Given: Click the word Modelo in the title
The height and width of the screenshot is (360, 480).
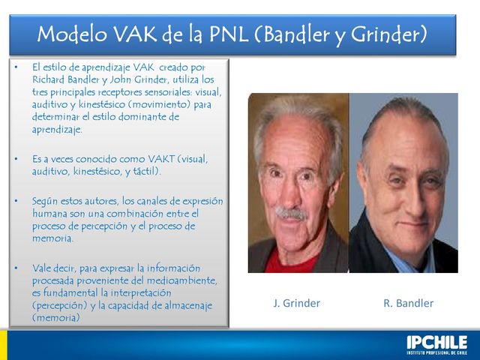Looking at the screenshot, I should point(69,34).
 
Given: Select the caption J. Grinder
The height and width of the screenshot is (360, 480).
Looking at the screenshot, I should point(296,304).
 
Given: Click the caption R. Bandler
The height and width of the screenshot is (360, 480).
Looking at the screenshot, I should point(408,304).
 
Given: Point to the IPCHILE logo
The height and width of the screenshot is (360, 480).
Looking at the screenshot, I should point(436,343).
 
